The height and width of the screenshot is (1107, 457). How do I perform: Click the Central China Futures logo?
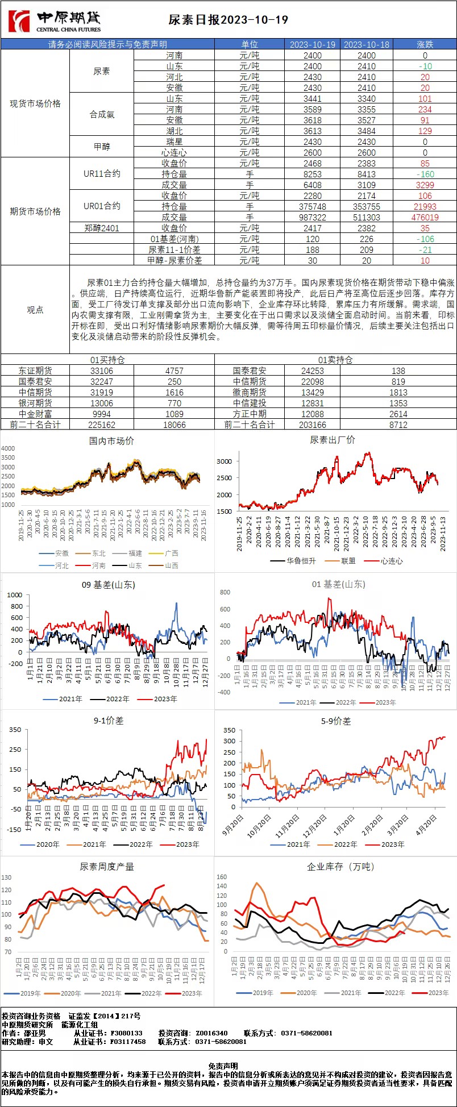click(55, 22)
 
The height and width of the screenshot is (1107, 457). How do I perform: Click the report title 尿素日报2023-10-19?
click(228, 20)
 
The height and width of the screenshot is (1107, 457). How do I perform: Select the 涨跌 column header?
click(425, 44)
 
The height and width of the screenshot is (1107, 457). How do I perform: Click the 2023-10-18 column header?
click(367, 44)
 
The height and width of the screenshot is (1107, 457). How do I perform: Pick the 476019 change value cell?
click(425, 217)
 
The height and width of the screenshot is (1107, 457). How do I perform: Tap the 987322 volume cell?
click(313, 217)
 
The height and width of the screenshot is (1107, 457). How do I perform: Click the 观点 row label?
click(35, 310)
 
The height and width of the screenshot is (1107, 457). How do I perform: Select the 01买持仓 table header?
click(107, 360)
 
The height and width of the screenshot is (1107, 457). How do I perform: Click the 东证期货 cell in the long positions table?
click(35, 371)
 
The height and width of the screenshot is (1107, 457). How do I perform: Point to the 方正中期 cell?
click(250, 414)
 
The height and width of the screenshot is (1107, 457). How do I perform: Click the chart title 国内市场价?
click(111, 440)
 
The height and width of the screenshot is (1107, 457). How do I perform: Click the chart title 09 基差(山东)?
click(108, 584)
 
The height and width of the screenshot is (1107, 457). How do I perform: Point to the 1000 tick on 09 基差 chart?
click(15, 595)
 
